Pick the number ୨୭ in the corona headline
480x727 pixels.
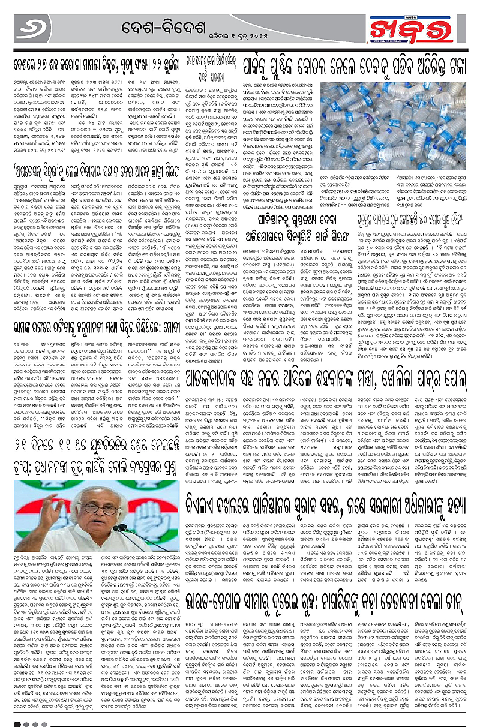point(44,62)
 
